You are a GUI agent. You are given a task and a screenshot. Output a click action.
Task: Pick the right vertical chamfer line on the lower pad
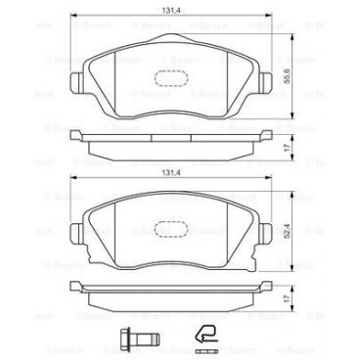244,235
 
